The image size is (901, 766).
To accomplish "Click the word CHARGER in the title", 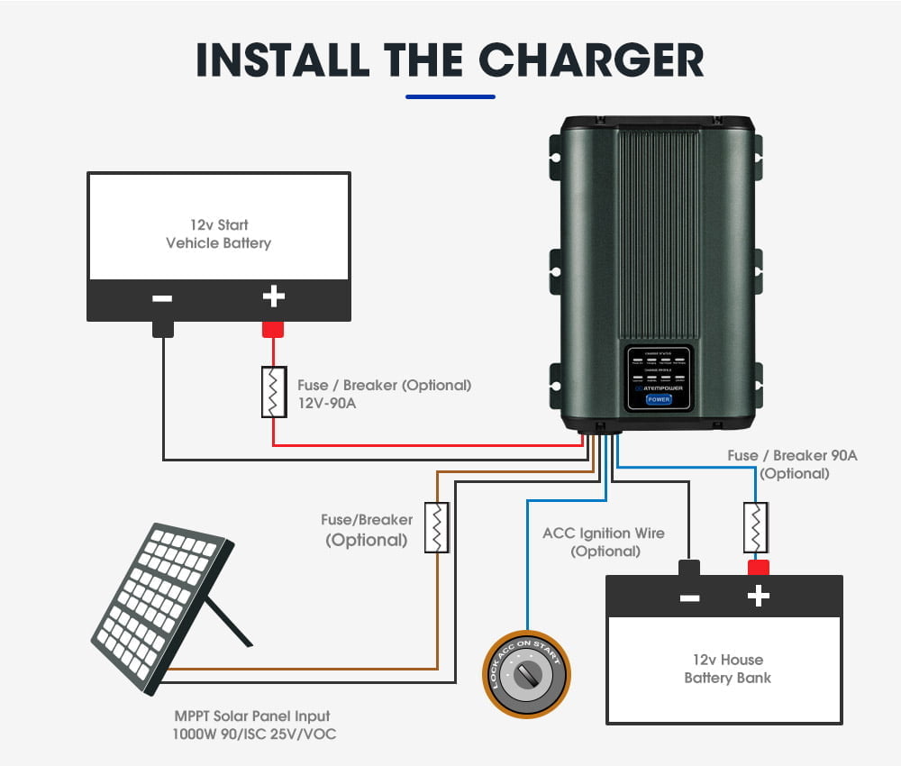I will coord(591,59).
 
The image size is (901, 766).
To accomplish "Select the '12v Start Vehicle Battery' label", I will coord(218,233).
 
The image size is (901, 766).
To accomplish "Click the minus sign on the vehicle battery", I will coord(162,297).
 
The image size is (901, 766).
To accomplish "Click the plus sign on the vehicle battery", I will coord(273,296).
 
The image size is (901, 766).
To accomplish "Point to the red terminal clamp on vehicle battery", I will coord(273,330).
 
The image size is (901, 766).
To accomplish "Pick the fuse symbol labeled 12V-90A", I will coord(274,392).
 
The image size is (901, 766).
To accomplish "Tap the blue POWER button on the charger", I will coord(658,399).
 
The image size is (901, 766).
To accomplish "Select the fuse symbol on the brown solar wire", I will coord(437,527).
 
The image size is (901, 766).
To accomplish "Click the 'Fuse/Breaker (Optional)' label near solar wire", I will coord(367,530).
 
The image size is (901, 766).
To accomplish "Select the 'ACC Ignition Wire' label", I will coord(604,533).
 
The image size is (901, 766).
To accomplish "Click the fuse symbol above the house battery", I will coord(755,528).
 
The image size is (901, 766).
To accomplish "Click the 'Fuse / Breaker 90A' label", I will coord(793,456).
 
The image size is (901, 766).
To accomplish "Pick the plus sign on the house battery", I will coord(759,596).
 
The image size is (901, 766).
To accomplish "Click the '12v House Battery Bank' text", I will coord(727,669).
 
